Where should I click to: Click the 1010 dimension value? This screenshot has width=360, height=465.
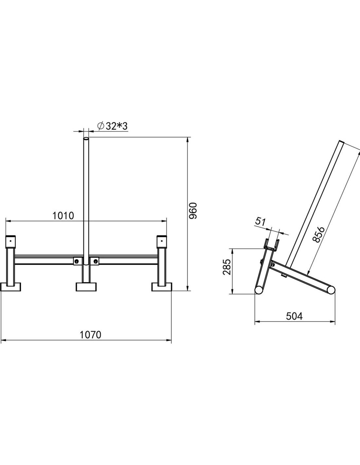pyautogui.click(x=63, y=216)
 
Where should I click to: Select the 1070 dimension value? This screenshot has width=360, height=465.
pyautogui.click(x=90, y=335)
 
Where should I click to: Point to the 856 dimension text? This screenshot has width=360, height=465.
pyautogui.click(x=319, y=235)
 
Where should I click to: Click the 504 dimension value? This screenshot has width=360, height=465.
pyautogui.click(x=294, y=317)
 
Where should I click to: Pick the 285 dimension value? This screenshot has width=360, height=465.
pyautogui.click(x=226, y=267)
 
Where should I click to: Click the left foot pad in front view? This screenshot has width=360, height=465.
pyautogui.click(x=11, y=287)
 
